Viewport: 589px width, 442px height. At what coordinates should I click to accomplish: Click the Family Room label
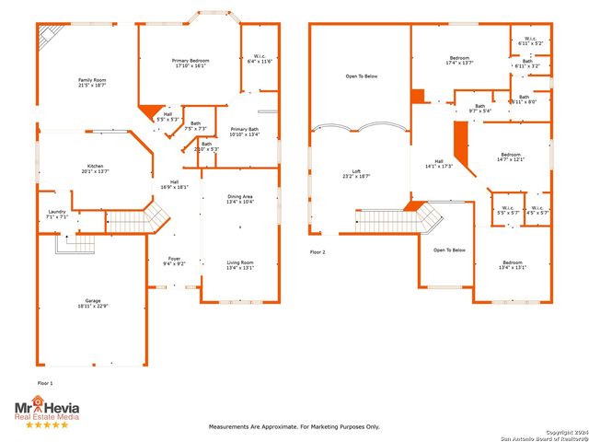point(92,83)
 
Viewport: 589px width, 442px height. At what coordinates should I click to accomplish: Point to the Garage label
point(93,303)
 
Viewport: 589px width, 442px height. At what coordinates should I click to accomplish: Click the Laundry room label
point(57,215)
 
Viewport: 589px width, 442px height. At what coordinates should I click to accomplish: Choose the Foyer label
point(175,262)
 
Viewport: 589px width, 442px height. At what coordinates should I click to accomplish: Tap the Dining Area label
point(240,199)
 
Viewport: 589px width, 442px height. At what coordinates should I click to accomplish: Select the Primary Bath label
point(245,131)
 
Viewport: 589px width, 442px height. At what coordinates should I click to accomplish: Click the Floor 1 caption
point(45,382)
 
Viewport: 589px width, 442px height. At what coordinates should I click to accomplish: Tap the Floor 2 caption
point(318,250)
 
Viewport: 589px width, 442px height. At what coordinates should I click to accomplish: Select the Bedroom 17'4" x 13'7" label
point(459,60)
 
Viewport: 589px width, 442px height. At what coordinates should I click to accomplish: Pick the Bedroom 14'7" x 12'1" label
point(511,157)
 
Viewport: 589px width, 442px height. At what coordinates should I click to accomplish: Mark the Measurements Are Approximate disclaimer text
point(294,427)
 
